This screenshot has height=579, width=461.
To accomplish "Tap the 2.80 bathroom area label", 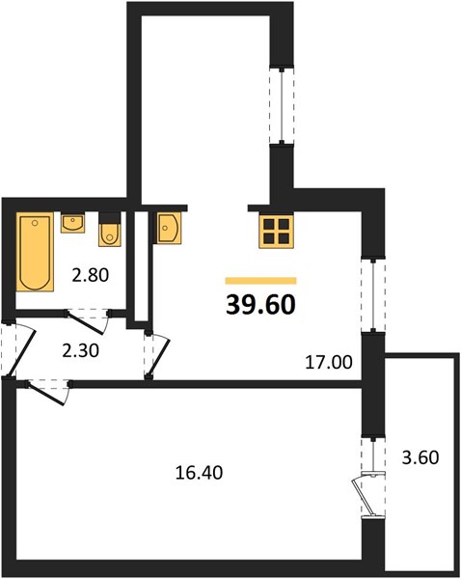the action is pos(91,275).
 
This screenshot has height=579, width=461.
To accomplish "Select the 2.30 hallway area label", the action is pos(80,350).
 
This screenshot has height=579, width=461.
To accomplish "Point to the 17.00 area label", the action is pos(329,362).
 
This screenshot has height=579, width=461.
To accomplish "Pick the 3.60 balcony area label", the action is pos(420,457).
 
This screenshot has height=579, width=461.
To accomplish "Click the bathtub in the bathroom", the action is pos(35,252).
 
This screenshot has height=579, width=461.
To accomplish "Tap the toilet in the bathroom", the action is pos(110,230).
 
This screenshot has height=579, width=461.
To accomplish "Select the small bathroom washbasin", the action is pos(72,222).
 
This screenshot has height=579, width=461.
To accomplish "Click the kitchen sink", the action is pos(169,228).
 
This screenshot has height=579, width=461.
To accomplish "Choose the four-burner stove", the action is pos(276,232).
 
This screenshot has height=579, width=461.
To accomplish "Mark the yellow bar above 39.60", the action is pos(261,281).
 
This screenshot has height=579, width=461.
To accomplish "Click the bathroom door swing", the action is pos(88,322).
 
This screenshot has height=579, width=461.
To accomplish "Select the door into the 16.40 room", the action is pos(49,393).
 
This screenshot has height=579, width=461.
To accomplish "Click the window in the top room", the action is pos(282,105).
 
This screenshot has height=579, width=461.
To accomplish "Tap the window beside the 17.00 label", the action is pos(373,294).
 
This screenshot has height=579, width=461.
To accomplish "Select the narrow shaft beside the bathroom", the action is pos(141,266).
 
